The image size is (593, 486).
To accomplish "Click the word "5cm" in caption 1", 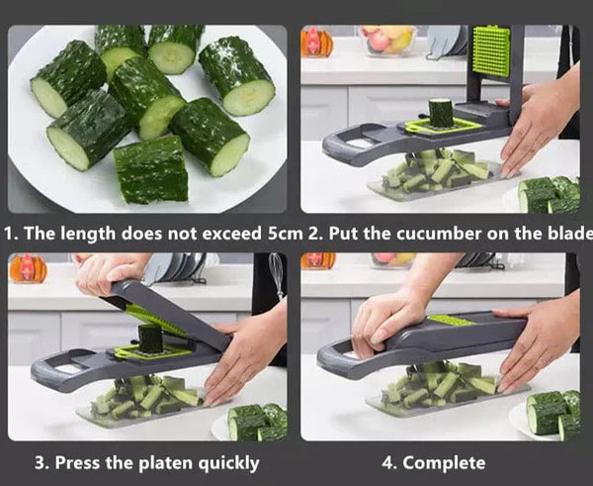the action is pyautogui.click(x=286, y=234).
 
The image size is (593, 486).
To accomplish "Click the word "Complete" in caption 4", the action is pyautogui.click(x=444, y=463).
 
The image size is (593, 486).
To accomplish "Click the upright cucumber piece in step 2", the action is pyautogui.click(x=441, y=113).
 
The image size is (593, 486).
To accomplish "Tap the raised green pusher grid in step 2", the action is pyautogui.click(x=491, y=50).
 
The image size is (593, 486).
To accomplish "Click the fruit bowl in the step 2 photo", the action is pyautogui.click(x=386, y=39).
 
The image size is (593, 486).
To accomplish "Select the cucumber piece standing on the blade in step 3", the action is pyautogui.click(x=150, y=339).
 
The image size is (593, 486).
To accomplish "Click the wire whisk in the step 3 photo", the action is pyautogui.click(x=277, y=274).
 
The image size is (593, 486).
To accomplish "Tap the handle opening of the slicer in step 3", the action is pyautogui.click(x=69, y=368).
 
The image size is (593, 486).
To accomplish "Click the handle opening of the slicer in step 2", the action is pyautogui.click(x=361, y=144).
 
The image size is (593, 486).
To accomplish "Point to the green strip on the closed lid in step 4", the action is pyautogui.click(x=450, y=320).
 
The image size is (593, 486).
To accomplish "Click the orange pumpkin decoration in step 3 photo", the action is pyautogui.click(x=28, y=268).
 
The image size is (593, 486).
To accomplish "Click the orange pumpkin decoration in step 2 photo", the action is pyautogui.click(x=316, y=41).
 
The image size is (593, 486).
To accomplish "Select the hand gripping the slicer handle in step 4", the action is pyautogui.click(x=385, y=322).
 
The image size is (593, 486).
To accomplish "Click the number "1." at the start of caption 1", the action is pyautogui.click(x=12, y=234).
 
